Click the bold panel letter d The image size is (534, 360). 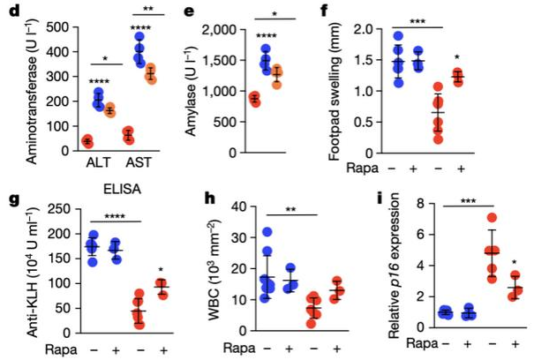(x=10, y=11)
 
